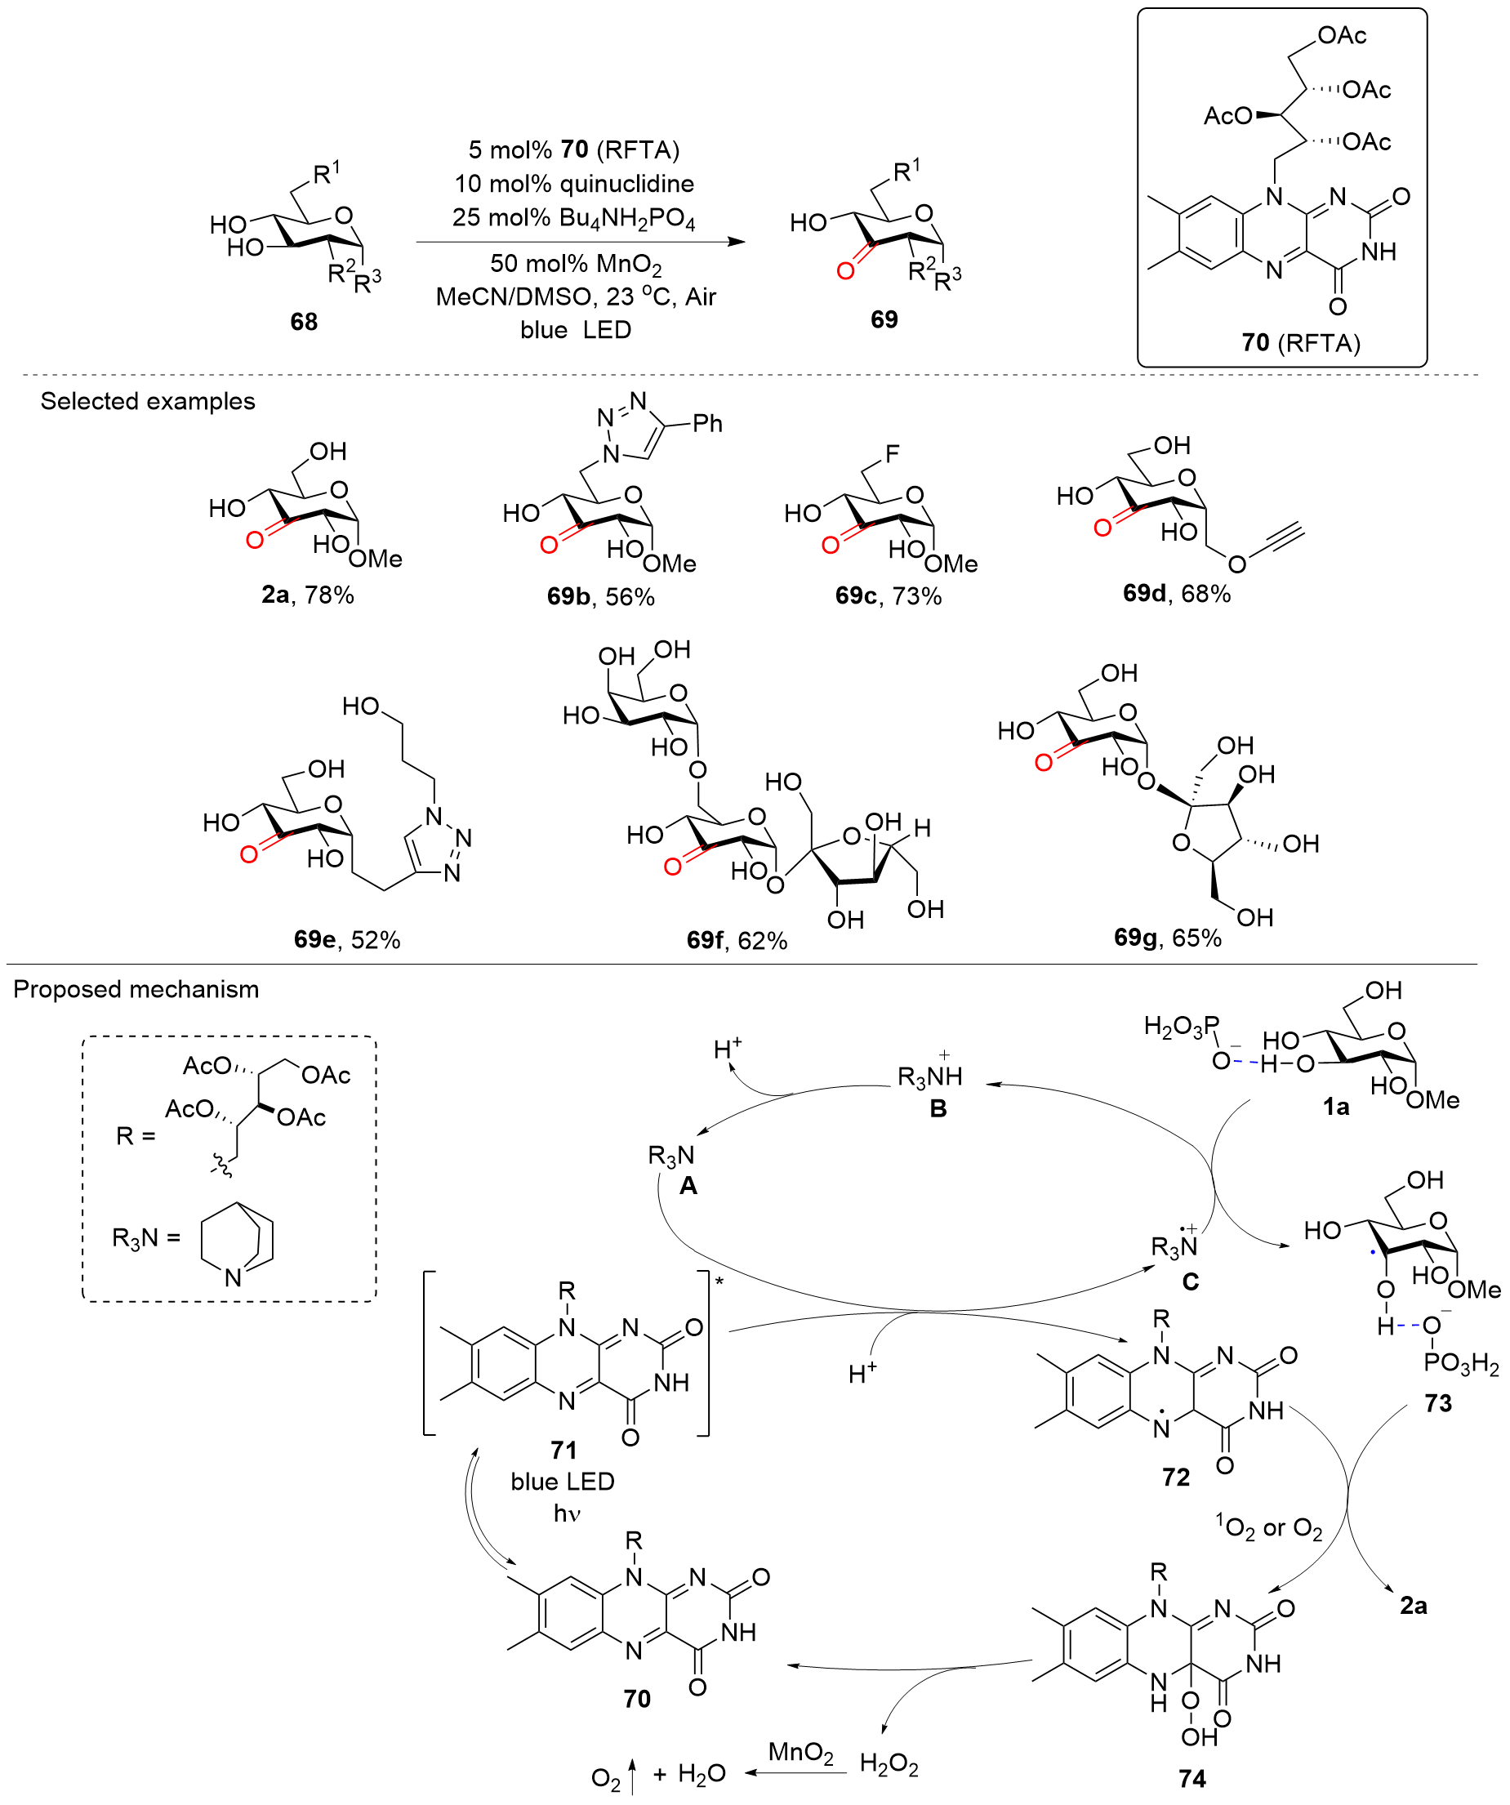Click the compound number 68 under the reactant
(x=305, y=322)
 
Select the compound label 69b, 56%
(x=601, y=596)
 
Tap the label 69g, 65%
(x=1168, y=937)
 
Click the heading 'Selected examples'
(x=148, y=401)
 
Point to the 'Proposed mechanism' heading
(x=136, y=989)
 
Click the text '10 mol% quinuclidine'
(x=574, y=184)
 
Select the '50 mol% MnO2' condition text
(x=576, y=264)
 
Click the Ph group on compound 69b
(x=707, y=423)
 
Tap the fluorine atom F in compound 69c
(x=892, y=453)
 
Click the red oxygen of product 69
(x=846, y=271)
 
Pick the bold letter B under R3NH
(x=938, y=1109)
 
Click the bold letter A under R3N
(x=688, y=1186)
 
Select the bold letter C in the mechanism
(x=1191, y=1282)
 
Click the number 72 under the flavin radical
(x=1176, y=1477)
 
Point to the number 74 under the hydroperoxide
(x=1192, y=1778)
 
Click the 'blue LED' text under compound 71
(x=563, y=1481)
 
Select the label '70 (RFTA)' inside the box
(x=1300, y=343)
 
